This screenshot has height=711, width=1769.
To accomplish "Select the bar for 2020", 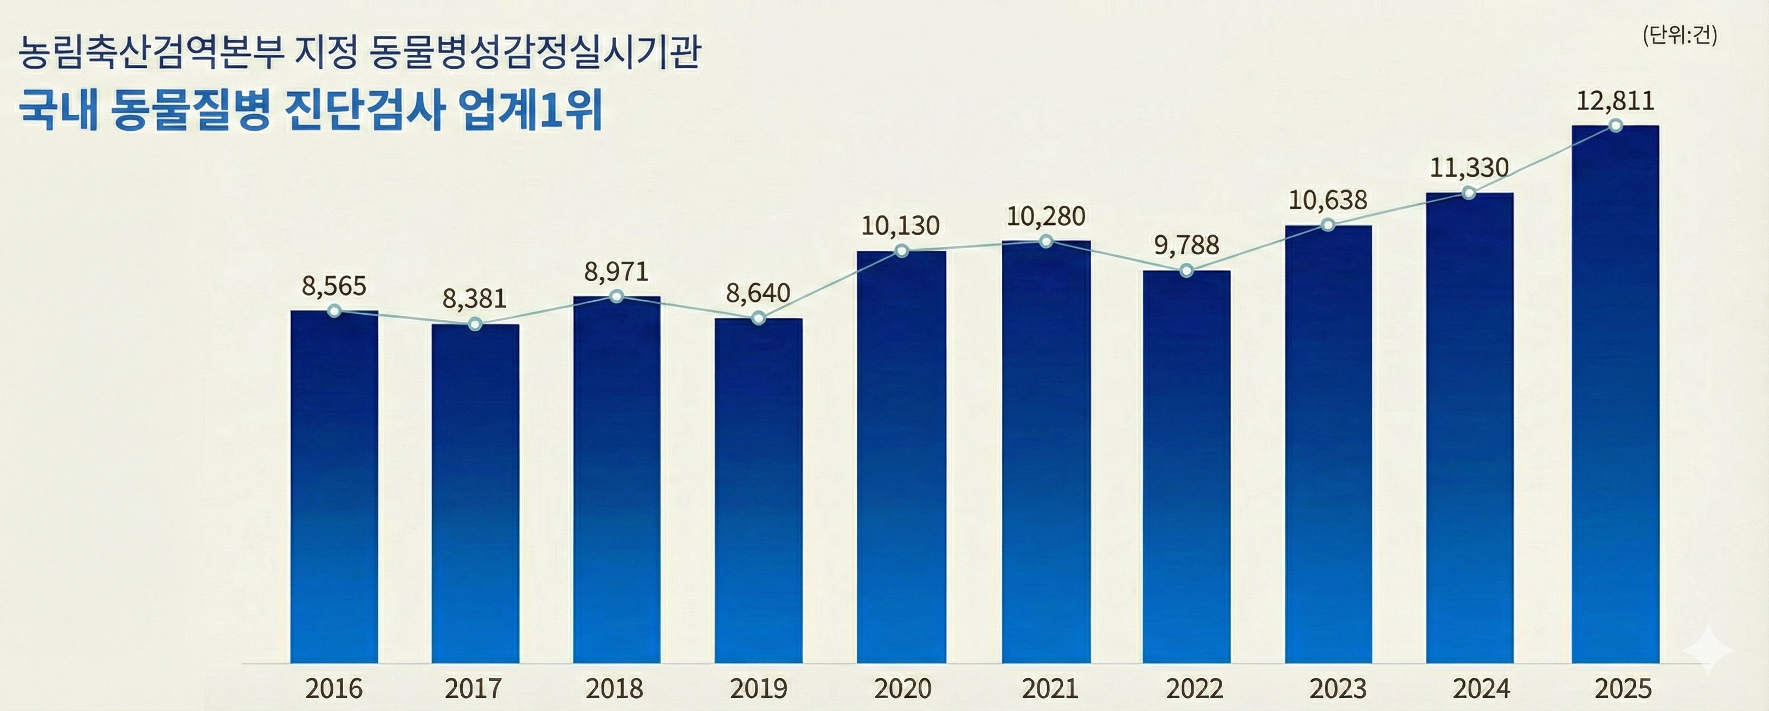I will tap(901, 457).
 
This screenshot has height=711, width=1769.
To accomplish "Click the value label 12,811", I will tap(1615, 101).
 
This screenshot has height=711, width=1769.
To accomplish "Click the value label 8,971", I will tap(616, 272).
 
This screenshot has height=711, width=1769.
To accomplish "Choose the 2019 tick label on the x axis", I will tap(758, 688).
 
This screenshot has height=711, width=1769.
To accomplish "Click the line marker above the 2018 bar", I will tap(617, 296).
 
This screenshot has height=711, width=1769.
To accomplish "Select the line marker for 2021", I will tap(1046, 241).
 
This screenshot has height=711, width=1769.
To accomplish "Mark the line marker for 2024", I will tap(1468, 193).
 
